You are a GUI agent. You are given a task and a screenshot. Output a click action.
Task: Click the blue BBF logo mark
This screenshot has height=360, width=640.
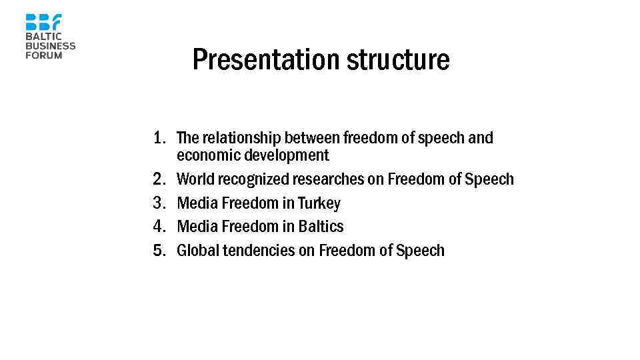(43, 22)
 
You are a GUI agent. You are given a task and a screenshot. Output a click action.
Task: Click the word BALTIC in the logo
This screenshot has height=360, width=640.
(43, 37)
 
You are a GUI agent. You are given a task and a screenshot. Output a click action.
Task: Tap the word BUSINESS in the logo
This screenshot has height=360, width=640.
(51, 46)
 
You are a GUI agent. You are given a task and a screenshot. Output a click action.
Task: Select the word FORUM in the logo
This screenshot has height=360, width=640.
(44, 55)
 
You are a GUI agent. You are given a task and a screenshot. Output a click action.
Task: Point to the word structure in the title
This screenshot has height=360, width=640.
(398, 60)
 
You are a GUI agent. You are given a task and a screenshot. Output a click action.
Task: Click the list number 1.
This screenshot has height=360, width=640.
(159, 139)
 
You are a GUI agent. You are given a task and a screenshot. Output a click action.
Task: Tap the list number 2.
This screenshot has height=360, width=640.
(159, 179)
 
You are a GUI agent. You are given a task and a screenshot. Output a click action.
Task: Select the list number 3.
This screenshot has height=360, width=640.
(159, 203)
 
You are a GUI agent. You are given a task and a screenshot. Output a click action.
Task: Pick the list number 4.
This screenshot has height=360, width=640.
(159, 227)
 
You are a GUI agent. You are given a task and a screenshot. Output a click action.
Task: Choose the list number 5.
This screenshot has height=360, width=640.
(159, 251)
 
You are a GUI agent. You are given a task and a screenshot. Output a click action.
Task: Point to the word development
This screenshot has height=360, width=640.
(287, 156)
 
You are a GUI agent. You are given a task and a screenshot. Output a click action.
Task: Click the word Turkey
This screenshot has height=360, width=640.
(319, 203)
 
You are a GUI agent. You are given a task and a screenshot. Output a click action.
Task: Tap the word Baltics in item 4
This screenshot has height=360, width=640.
(321, 227)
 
